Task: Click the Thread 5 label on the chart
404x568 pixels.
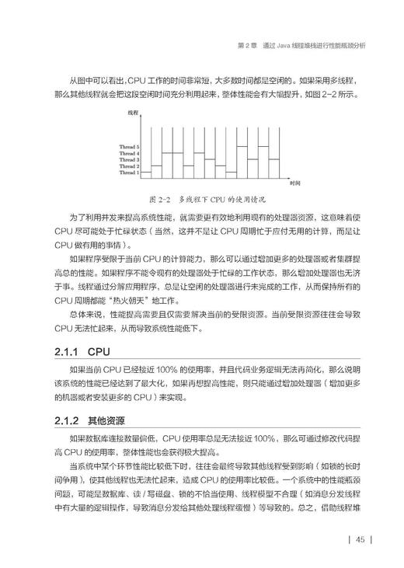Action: pos(129,146)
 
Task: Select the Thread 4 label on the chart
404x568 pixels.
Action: pos(129,153)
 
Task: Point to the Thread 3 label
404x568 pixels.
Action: pos(129,159)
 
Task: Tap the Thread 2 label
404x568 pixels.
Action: pos(129,166)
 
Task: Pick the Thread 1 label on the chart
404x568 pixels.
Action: pos(129,172)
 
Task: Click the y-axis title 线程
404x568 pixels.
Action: pos(134,113)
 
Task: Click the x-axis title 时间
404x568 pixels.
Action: pos(294,183)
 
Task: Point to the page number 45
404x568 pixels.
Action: pos(361,541)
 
